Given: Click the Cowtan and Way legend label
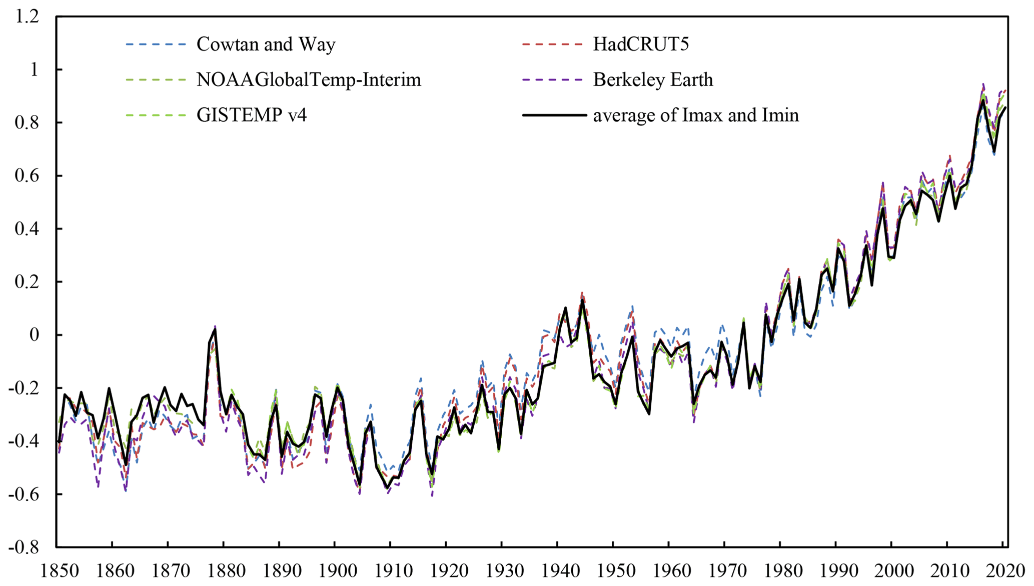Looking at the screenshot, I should click(266, 44).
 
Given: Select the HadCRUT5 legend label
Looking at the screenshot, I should click(641, 44).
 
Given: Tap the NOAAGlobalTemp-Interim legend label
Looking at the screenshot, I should click(309, 80).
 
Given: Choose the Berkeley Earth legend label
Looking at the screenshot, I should click(653, 80).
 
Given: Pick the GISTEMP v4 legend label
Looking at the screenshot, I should click(252, 115).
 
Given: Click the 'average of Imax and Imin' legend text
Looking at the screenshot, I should click(696, 115).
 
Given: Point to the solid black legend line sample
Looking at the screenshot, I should click(554, 115).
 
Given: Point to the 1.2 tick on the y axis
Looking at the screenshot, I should click(27, 17).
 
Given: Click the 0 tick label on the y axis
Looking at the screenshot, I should click(34, 335).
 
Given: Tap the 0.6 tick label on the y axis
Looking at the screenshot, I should click(27, 176).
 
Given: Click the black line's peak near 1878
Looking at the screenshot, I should click(215, 329).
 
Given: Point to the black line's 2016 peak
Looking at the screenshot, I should click(983, 99).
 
